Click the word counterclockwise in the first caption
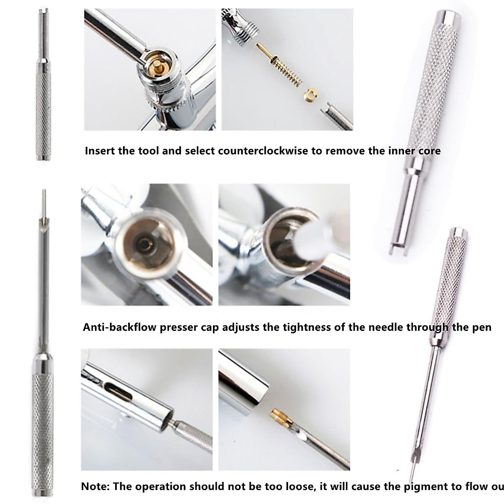[x=263, y=151]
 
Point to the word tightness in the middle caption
[x=306, y=327]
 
